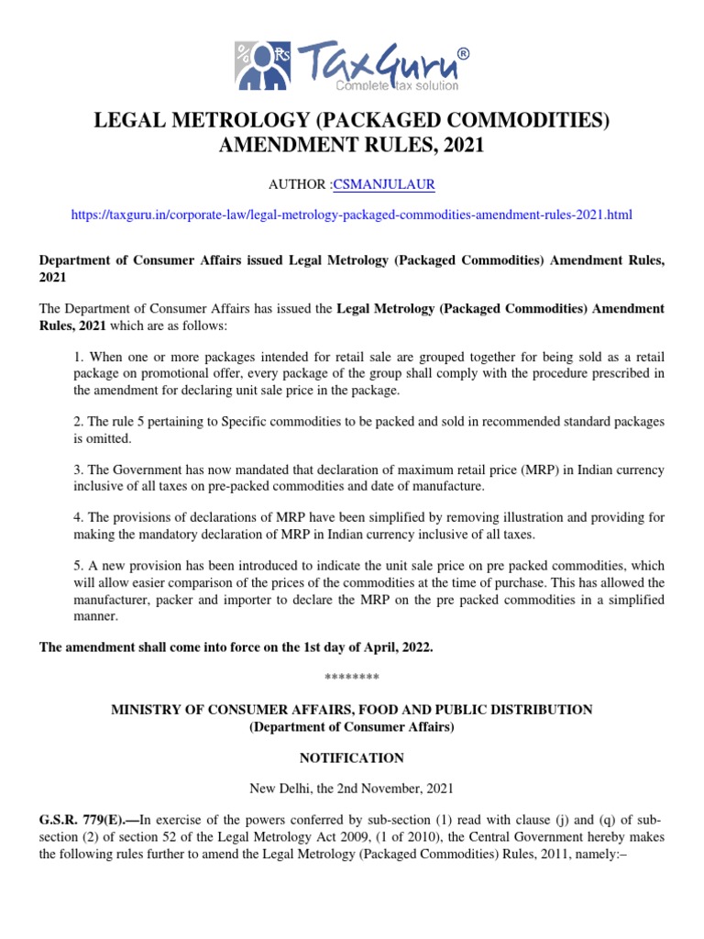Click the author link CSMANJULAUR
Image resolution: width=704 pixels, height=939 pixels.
[384, 185]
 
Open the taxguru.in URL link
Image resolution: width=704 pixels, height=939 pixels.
[352, 215]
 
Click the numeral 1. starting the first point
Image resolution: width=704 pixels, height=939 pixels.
[77, 356]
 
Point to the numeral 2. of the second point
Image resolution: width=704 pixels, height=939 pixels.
[77, 422]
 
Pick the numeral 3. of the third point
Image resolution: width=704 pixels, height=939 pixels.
[77, 470]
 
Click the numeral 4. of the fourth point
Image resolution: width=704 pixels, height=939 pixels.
[77, 518]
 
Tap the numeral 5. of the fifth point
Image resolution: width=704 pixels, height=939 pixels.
[77, 566]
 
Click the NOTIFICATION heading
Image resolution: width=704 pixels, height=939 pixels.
[352, 758]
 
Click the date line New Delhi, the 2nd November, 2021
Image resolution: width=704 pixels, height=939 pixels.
[352, 789]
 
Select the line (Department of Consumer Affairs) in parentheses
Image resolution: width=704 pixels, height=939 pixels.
[352, 727]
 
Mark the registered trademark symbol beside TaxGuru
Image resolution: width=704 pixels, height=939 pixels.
[463, 54]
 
